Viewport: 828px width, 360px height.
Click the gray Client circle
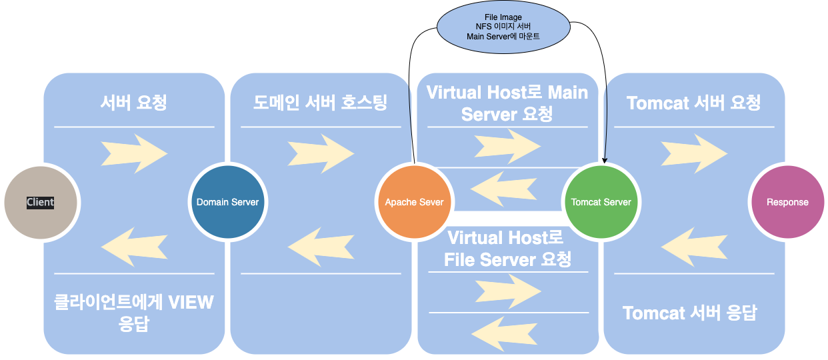(41, 203)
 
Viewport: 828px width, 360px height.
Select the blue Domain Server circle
(228, 202)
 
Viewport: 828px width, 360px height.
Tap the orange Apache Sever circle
(415, 202)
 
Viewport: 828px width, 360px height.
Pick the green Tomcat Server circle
(601, 202)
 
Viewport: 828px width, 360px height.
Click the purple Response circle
(788, 202)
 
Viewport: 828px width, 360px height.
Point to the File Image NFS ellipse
(503, 27)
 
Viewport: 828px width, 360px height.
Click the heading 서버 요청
(134, 103)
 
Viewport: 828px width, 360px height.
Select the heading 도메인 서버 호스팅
(320, 103)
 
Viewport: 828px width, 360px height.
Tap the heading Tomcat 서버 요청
(693, 103)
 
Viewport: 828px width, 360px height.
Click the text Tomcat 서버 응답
(690, 313)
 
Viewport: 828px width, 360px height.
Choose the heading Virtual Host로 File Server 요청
(507, 249)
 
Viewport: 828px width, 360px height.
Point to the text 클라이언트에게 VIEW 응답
(134, 313)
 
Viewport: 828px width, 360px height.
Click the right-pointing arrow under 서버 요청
(134, 153)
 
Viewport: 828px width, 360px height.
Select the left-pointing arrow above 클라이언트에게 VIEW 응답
(134, 247)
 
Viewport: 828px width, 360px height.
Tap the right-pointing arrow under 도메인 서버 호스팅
(321, 153)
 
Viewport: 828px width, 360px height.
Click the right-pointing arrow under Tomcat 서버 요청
(694, 153)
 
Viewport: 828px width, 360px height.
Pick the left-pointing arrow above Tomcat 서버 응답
(694, 247)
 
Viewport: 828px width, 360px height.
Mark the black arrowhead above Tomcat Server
(605, 160)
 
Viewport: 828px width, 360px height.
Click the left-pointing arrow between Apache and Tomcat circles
(504, 189)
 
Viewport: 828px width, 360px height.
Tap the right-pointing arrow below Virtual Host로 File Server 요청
(508, 291)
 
